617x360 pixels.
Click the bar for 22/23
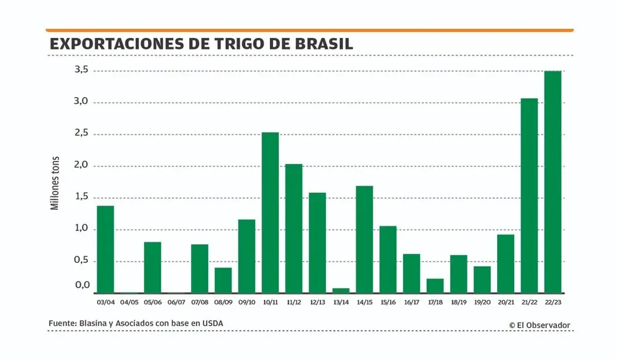[553, 182]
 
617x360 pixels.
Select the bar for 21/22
[529, 195]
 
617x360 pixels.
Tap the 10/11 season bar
[270, 212]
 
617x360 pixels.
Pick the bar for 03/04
[105, 249]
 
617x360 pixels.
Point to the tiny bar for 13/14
[341, 290]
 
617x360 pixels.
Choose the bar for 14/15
[365, 239]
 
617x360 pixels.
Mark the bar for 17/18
[435, 285]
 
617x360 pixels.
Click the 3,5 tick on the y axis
[81, 71]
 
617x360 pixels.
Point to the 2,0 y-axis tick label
[81, 165]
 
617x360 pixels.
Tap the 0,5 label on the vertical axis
[81, 261]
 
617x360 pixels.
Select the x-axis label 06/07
[176, 302]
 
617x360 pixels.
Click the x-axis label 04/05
[129, 302]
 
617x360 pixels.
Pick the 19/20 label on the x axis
[482, 302]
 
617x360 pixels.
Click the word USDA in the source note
[211, 324]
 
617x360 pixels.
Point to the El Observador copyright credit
[539, 325]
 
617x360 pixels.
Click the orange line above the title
[309, 30]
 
